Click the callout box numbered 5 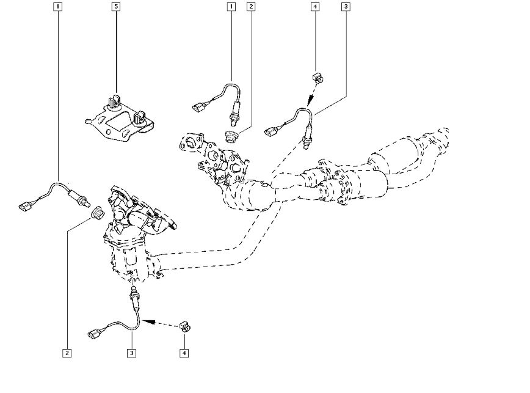click(x=116, y=7)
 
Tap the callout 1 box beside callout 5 click(x=57, y=7)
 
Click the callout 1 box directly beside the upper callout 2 click(x=231, y=7)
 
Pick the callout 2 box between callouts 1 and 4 click(x=250, y=7)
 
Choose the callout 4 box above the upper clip click(x=314, y=7)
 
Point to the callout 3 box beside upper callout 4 click(x=346, y=7)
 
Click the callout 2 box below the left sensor click(x=67, y=353)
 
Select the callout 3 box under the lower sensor click(x=131, y=353)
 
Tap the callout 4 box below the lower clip click(x=183, y=353)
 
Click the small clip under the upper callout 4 click(x=317, y=78)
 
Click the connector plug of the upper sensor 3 click(x=272, y=130)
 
